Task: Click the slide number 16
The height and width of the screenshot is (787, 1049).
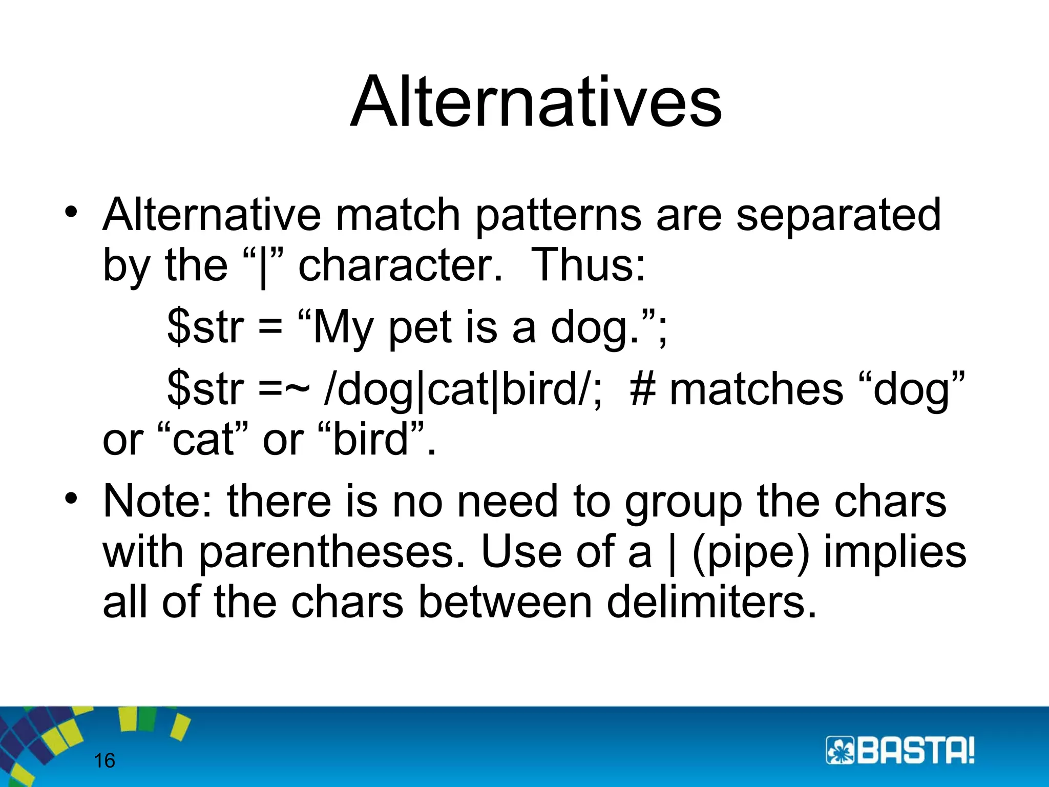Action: point(104,761)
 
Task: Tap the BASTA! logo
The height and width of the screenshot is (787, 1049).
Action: point(900,751)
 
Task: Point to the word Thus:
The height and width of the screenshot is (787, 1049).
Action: point(588,265)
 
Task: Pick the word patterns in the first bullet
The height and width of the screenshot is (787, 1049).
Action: point(558,215)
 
